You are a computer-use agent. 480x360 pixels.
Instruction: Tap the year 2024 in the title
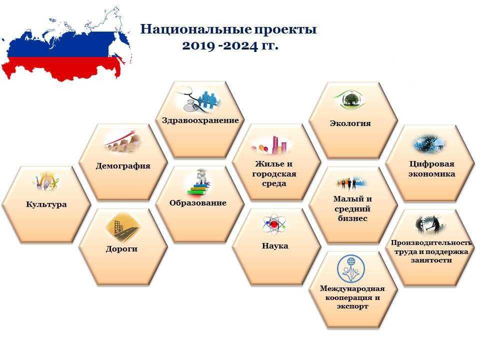pos(240,46)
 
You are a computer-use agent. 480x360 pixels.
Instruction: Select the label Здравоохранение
pos(200,120)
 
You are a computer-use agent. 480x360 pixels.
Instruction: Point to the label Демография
pos(123,166)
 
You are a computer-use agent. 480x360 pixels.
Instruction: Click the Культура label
pos(46,204)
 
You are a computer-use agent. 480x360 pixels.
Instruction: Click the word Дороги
pos(121,249)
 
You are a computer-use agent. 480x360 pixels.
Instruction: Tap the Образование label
pos(198,203)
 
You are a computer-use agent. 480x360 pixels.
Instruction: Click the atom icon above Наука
pos(274,224)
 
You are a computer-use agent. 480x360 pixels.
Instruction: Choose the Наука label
pos(275,246)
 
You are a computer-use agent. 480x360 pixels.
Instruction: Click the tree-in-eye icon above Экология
pos(350,99)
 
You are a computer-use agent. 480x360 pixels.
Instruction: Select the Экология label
pos(350,123)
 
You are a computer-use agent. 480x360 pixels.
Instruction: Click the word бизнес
pos(352,218)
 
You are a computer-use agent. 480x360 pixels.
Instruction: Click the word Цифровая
pos(431,164)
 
